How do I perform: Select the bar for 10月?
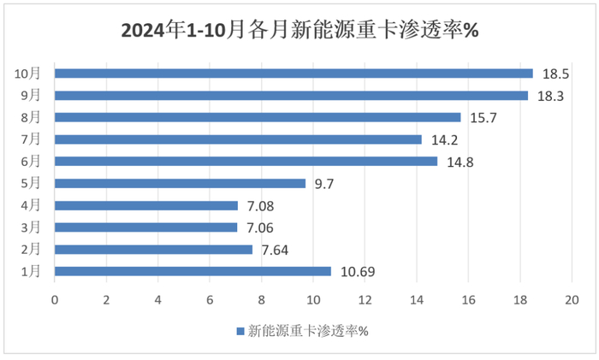(x=294, y=74)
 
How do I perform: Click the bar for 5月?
(x=180, y=183)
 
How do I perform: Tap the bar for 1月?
(x=193, y=271)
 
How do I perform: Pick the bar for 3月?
(x=146, y=227)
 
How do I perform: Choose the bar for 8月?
(x=258, y=117)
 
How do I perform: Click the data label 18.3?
(x=550, y=96)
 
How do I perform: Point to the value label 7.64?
(x=275, y=250)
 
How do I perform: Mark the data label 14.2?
(x=445, y=140)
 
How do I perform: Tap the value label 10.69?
(x=358, y=272)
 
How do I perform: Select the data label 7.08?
(x=260, y=206)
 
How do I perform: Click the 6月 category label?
(x=31, y=162)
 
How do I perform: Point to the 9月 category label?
(x=31, y=95)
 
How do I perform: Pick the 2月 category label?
(x=31, y=250)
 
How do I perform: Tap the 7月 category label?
(x=31, y=139)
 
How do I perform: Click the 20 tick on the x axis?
(x=572, y=299)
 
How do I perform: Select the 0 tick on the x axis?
(x=55, y=299)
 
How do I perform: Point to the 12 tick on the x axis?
(x=365, y=299)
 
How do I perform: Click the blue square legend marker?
(x=240, y=331)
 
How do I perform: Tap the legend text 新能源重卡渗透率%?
(x=308, y=331)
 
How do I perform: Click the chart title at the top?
(x=299, y=30)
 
